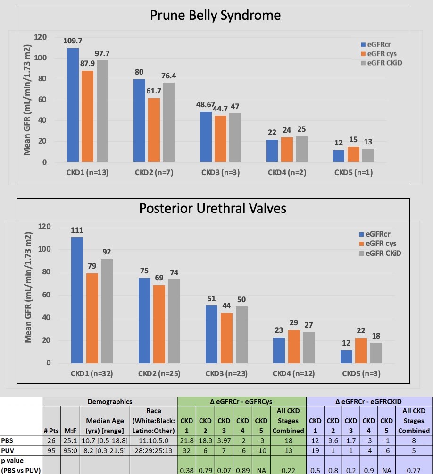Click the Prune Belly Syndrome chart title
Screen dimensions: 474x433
pyautogui.click(x=215, y=15)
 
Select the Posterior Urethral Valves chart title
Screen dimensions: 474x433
pyautogui.click(x=213, y=208)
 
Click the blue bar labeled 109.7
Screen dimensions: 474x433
pyautogui.click(x=73, y=105)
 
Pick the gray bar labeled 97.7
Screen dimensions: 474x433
pyautogui.click(x=102, y=111)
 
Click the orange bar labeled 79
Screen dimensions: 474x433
pyautogui.click(x=92, y=318)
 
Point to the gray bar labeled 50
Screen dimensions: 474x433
pyautogui.click(x=241, y=335)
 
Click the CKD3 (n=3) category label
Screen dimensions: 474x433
pyautogui.click(x=220, y=172)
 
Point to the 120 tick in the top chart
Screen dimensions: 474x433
pyautogui.click(x=41, y=37)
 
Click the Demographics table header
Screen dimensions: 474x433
pyautogui.click(x=109, y=401)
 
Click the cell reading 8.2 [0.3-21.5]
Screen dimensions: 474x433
pyautogui.click(x=105, y=450)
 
